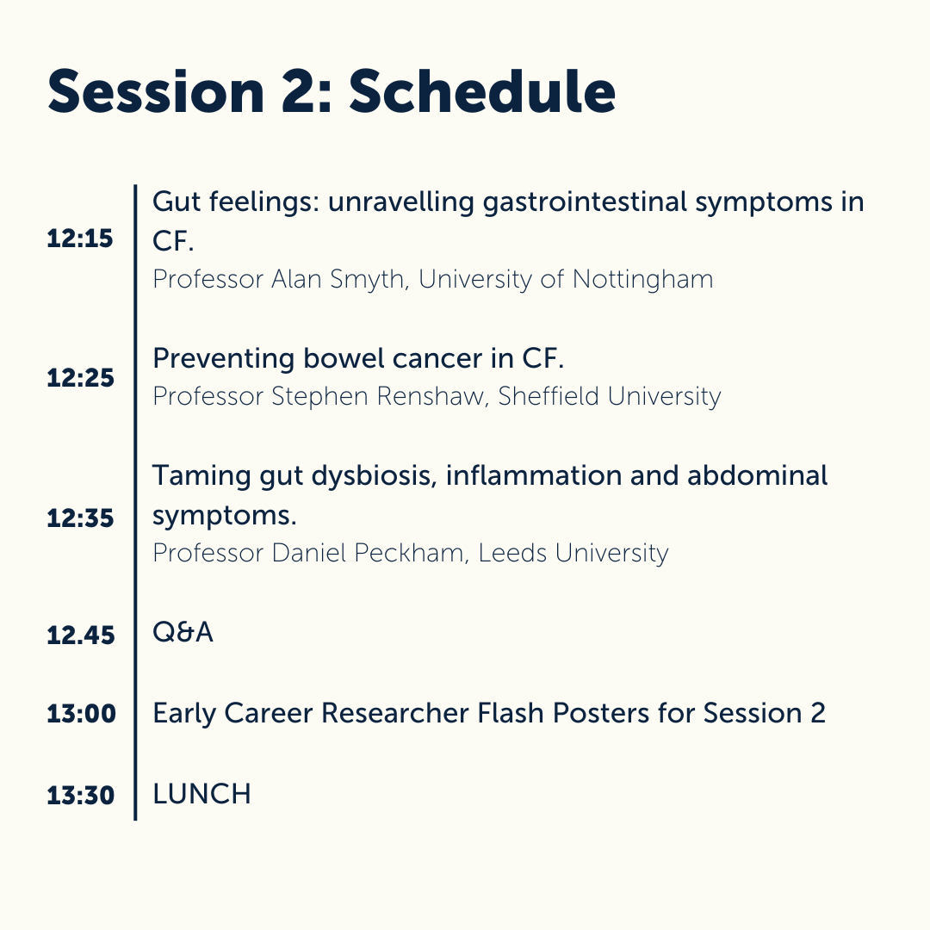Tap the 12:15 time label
(80, 239)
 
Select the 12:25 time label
(80, 378)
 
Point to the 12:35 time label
(80, 518)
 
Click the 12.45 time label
(80, 635)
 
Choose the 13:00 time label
(80, 714)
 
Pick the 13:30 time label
(80, 795)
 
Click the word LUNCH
(201, 794)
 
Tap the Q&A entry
(183, 633)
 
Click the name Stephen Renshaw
(378, 396)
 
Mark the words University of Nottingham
(566, 280)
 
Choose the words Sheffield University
(610, 396)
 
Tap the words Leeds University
(573, 552)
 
